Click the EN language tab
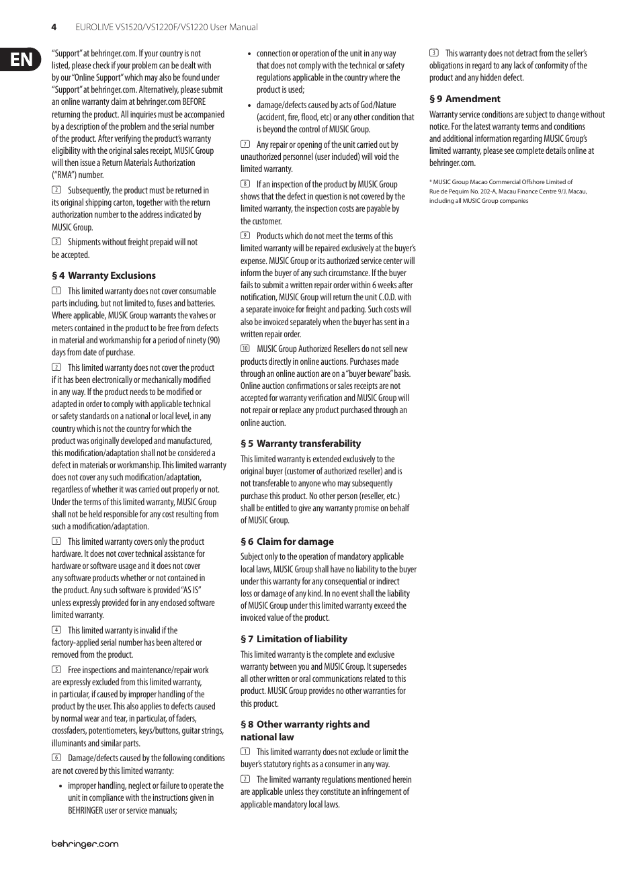click(21, 60)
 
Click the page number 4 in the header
click(54, 28)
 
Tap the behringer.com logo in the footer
click(85, 844)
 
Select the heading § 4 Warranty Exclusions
click(103, 275)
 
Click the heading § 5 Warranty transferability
click(300, 443)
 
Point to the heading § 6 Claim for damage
click(287, 541)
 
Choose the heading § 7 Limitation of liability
click(294, 639)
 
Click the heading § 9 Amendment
click(465, 99)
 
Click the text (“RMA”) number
click(78, 175)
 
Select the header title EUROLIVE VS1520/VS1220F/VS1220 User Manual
click(157, 28)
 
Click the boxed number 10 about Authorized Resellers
click(245, 349)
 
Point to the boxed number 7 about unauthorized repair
click(245, 144)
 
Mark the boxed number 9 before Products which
click(245, 236)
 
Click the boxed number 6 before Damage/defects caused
click(56, 758)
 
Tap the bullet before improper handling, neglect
click(61, 786)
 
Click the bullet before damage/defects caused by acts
click(250, 105)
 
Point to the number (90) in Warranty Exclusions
click(213, 340)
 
